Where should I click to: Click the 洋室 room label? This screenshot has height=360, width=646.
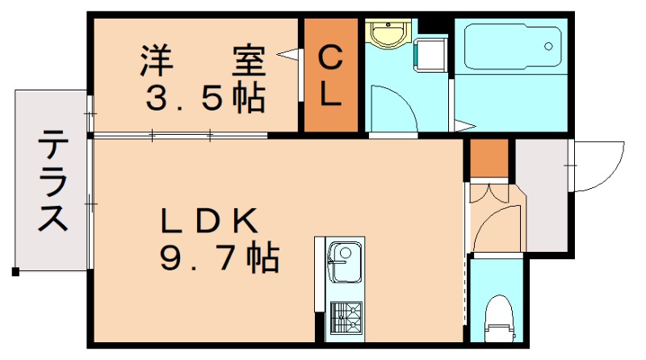pyautogui.click(x=204, y=60)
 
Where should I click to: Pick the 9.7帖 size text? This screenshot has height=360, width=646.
pyautogui.click(x=218, y=258)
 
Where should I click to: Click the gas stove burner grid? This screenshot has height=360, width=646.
pyautogui.click(x=346, y=317)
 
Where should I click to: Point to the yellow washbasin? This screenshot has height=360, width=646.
pyautogui.click(x=388, y=35)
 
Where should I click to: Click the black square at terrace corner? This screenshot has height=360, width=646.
pyautogui.click(x=15, y=272)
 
